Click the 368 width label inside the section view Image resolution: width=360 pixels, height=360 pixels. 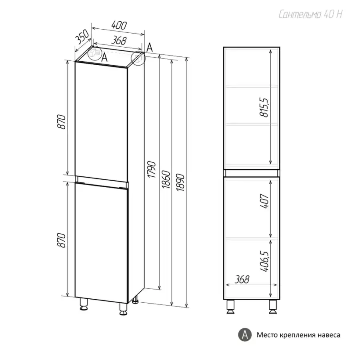point(240,279)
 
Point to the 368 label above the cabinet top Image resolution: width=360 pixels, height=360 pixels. point(118,40)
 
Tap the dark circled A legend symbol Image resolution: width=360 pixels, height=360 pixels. point(245,334)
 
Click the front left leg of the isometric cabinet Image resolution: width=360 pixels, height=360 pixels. point(84,305)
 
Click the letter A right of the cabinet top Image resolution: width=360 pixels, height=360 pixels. point(149,47)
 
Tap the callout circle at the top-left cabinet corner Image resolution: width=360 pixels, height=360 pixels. point(95,53)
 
